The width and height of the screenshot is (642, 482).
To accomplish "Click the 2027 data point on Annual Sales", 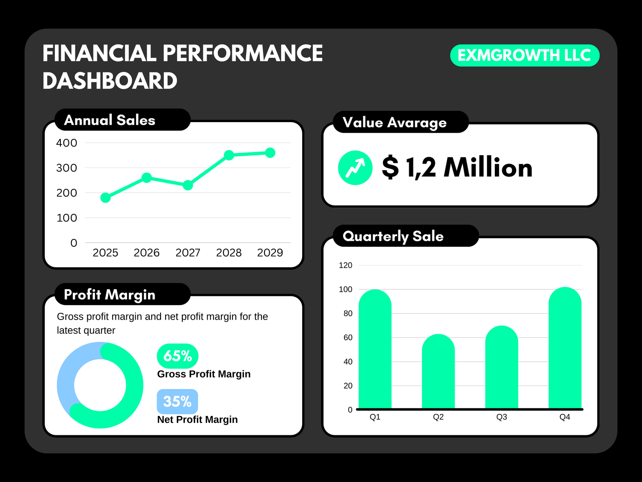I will (187, 185).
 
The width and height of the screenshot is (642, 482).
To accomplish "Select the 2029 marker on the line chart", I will (270, 153).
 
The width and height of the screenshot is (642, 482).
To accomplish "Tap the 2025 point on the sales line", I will (105, 198).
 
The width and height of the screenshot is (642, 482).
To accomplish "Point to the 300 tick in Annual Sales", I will (67, 168).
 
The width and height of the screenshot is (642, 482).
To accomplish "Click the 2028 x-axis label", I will (229, 253).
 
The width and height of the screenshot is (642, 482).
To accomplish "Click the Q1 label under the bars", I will (375, 417).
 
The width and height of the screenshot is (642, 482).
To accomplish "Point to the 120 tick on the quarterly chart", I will (345, 265).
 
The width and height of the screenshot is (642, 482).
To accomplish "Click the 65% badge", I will (178, 356).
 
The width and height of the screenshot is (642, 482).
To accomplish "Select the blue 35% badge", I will (177, 401).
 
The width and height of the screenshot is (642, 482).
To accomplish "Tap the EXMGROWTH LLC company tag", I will (525, 55).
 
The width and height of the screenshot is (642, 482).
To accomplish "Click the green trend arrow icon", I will (355, 168).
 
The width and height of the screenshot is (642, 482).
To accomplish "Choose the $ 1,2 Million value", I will (457, 168).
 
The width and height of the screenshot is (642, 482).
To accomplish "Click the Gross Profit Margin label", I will (204, 374).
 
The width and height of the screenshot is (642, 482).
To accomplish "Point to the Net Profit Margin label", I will (197, 419).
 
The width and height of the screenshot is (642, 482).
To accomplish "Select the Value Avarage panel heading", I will (395, 123).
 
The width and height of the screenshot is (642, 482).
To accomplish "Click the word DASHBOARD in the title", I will (110, 81).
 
